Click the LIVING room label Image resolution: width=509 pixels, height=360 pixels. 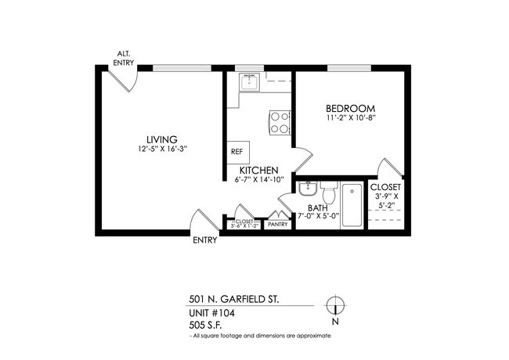coord(161,139)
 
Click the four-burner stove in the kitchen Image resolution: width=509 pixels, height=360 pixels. coord(280,122)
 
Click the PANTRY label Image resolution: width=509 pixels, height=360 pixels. coord(278,225)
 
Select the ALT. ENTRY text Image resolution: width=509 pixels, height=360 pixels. coord(124,58)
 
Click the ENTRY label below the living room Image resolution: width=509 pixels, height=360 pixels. coord(205,240)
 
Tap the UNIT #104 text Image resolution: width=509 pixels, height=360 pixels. coord(212,312)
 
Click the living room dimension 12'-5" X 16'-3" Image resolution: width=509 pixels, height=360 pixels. coord(161,149)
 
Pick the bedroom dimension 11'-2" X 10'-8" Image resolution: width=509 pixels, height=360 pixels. coord(352,118)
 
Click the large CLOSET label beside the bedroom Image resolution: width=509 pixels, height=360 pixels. coord(385,189)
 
